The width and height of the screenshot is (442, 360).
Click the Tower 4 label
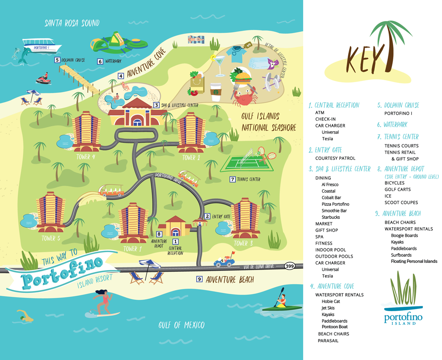[x=86, y=157]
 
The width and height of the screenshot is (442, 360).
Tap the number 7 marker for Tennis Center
[x=233, y=179]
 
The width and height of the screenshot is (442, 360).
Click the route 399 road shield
[x=289, y=266]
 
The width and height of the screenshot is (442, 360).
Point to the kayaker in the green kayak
[x=281, y=302]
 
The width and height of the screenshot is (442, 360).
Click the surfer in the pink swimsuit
[x=103, y=302]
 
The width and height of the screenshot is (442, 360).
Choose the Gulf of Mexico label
[x=181, y=325]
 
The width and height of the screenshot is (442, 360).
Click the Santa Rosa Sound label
[x=72, y=23]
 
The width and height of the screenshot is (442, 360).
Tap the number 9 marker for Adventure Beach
[x=199, y=279]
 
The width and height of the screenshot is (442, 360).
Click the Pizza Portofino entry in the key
[x=335, y=204]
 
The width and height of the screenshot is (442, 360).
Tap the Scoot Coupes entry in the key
[x=401, y=202]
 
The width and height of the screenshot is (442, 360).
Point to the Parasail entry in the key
[x=328, y=341]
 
